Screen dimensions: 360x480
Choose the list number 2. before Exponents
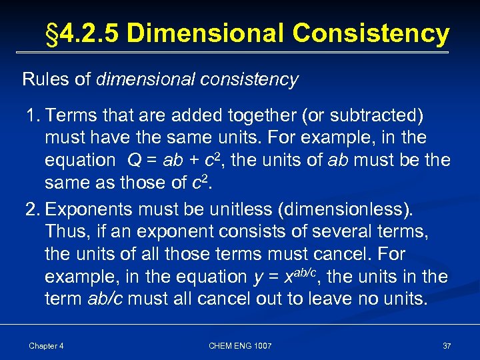tap(33, 209)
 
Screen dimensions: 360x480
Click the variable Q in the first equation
tap(133, 160)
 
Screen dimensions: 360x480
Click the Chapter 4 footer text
tap(46, 345)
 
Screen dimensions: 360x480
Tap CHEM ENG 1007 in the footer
tap(240, 345)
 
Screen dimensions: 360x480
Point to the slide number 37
tap(447, 345)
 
